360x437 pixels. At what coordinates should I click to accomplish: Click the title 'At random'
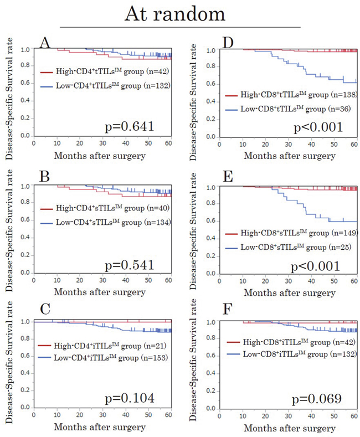[179, 13]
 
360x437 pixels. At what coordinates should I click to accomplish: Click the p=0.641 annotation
[130, 128]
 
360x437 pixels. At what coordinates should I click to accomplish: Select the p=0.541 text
[130, 264]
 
